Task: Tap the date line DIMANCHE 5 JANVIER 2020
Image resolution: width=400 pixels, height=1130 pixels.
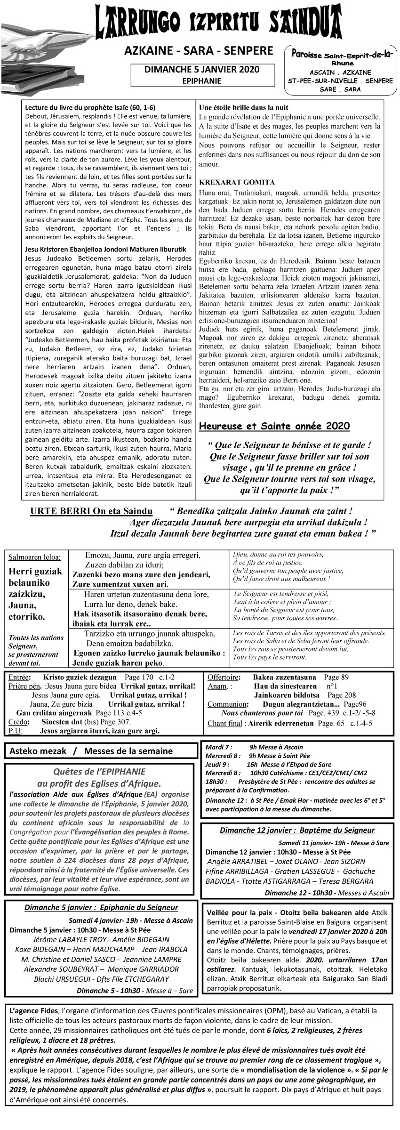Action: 202,70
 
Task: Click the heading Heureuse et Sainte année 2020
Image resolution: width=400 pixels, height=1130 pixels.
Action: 274,427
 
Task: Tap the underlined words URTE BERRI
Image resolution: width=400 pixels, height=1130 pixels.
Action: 61,512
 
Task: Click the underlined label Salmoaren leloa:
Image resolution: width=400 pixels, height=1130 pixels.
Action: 34,557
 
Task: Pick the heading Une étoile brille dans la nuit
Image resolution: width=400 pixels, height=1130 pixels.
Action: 244,107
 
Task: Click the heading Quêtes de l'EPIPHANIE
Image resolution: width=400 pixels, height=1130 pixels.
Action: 99,771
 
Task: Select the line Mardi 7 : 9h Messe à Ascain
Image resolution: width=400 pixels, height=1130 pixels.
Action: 254,747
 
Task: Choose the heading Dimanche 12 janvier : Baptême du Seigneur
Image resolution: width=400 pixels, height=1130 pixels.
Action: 297,830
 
